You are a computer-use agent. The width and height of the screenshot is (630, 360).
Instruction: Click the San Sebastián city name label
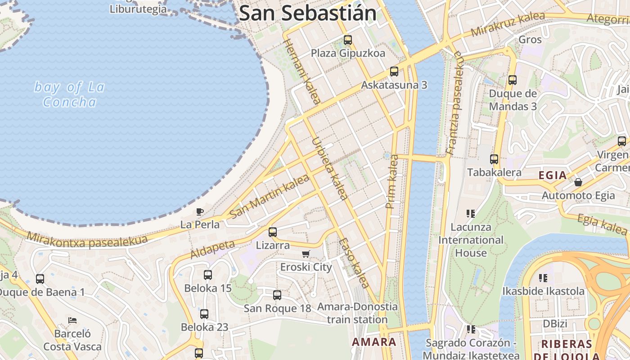tap(308, 13)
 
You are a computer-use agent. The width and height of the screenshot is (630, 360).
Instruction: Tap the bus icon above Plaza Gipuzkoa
tap(348, 40)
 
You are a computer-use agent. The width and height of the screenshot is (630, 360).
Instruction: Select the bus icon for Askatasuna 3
tap(394, 72)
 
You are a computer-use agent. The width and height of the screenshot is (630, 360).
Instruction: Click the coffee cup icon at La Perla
tap(200, 211)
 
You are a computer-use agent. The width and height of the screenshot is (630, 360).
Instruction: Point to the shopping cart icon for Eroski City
tap(306, 254)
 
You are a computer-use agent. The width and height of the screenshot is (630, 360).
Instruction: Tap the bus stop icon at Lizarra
tap(273, 232)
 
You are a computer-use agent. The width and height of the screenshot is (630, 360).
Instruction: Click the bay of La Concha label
tap(70, 94)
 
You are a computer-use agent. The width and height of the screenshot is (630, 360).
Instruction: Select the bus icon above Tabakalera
tap(494, 159)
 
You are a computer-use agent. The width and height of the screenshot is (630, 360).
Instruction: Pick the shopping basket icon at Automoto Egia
tap(578, 182)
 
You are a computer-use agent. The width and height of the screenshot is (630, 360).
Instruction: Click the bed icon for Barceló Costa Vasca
tap(72, 320)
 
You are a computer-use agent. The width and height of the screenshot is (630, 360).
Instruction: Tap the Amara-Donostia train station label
tap(357, 313)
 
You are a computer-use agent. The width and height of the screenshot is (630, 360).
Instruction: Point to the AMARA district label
tap(374, 342)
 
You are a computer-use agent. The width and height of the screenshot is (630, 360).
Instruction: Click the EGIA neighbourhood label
tap(553, 175)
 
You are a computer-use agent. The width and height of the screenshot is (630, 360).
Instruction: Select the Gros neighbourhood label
tap(530, 40)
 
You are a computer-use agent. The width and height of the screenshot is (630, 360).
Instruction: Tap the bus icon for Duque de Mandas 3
tap(513, 81)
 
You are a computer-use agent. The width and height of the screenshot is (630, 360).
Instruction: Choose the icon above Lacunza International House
tap(471, 214)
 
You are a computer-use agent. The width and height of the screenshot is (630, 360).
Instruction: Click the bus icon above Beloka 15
tap(208, 275)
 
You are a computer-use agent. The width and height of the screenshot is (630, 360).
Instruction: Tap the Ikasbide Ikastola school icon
tap(543, 278)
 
